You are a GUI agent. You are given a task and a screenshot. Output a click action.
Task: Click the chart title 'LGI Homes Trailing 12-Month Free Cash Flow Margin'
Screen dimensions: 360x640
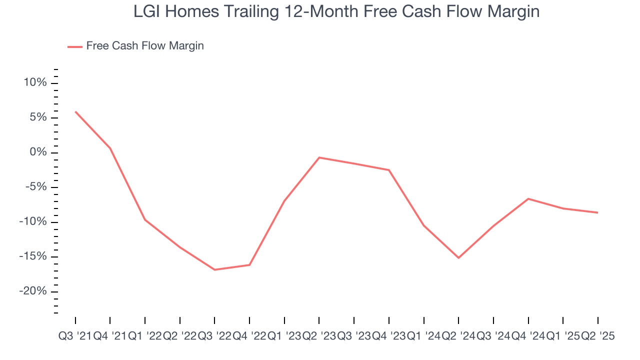[336, 12]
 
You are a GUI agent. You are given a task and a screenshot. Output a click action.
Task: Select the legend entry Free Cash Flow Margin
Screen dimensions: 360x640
[144, 46]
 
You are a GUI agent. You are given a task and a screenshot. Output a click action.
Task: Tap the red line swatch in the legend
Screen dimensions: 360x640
[75, 46]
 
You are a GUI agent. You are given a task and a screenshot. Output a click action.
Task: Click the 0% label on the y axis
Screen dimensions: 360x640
[38, 152]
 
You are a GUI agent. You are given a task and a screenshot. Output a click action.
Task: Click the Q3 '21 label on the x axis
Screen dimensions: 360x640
[75, 336]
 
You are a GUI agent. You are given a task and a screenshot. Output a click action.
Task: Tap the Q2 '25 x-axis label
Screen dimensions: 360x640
[597, 336]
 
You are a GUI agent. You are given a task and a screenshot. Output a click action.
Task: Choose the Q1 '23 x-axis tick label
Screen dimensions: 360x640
[284, 336]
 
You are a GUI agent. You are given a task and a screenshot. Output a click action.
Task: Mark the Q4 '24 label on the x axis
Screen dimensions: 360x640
[528, 336]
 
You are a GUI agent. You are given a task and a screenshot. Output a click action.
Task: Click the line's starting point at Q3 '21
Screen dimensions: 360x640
[75, 111]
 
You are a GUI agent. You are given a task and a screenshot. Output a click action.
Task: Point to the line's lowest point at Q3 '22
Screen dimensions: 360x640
[214, 269]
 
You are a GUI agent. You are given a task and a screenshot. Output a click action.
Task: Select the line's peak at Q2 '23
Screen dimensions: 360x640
[319, 157]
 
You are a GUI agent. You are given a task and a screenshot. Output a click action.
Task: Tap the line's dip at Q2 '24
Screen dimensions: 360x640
[458, 257]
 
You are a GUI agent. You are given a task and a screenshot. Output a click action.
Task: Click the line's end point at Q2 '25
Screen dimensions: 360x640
[598, 212]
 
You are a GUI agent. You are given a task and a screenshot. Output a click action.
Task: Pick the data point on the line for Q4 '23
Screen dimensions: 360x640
[389, 170]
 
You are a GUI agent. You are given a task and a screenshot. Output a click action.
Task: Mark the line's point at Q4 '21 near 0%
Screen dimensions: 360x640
[110, 148]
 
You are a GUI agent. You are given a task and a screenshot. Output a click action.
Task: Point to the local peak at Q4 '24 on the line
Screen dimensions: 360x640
[528, 198]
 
